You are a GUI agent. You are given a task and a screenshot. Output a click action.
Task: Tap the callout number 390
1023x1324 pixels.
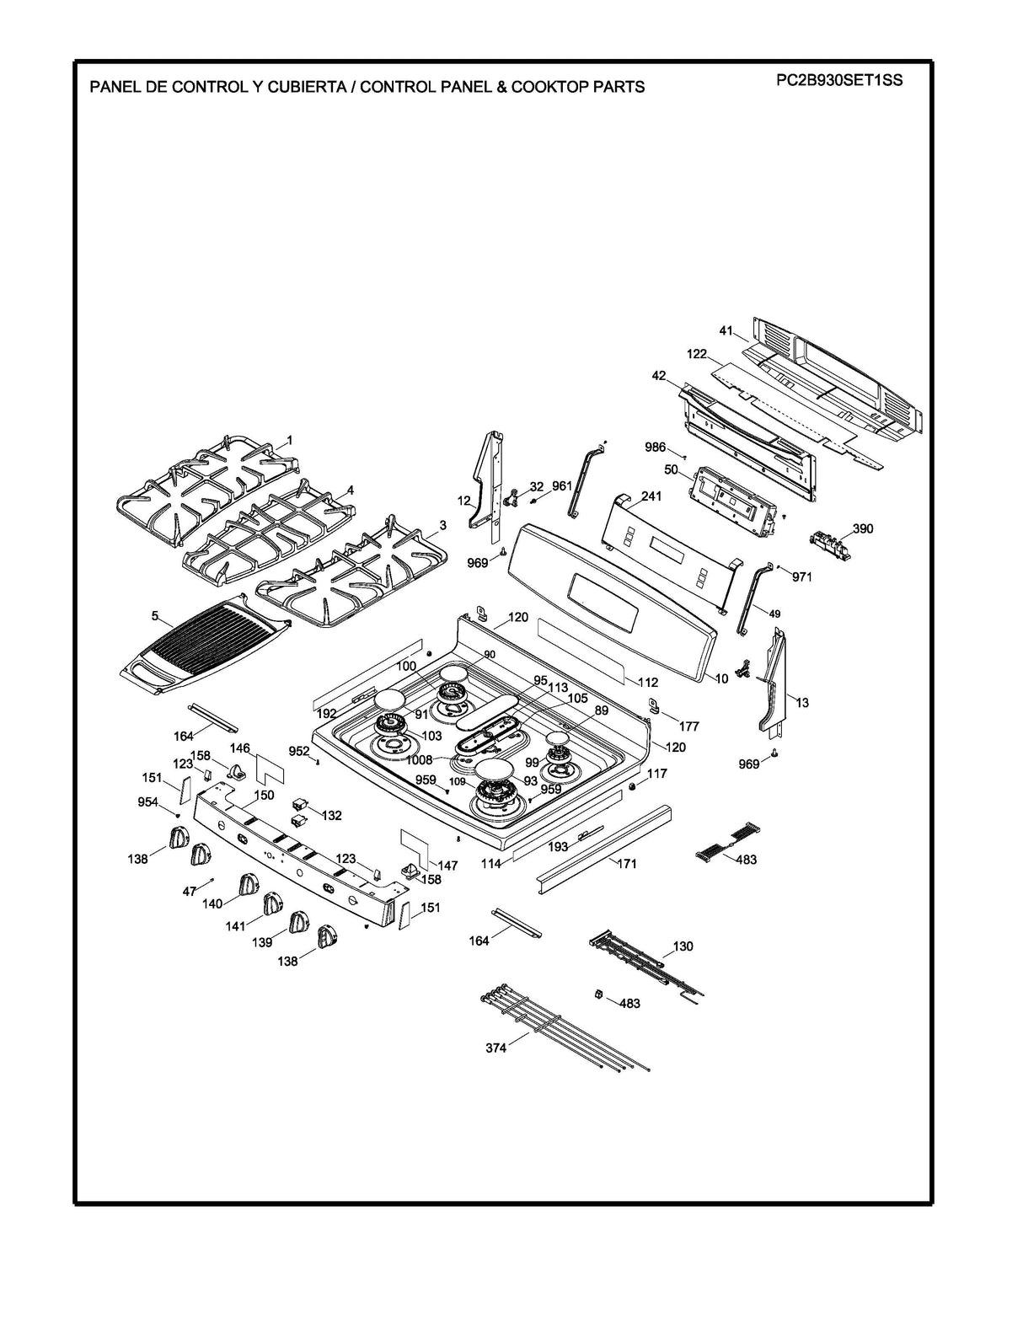click(x=863, y=528)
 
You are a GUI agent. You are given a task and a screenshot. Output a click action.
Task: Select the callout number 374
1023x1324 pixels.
click(x=495, y=1048)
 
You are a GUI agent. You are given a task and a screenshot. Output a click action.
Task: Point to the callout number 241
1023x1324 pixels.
click(x=651, y=496)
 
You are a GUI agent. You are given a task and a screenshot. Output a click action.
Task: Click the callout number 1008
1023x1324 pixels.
click(x=419, y=759)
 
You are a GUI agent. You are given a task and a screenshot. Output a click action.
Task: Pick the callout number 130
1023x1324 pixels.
click(x=683, y=946)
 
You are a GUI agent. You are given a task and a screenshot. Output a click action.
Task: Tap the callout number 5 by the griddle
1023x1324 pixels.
click(x=155, y=616)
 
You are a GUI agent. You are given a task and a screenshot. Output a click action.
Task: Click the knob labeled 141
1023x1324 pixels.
click(x=273, y=904)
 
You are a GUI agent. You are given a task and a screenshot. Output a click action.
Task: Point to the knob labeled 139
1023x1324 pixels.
click(x=299, y=922)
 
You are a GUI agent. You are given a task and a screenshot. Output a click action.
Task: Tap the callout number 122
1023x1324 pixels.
click(x=696, y=354)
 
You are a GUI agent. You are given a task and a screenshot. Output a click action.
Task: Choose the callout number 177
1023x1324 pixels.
click(x=689, y=726)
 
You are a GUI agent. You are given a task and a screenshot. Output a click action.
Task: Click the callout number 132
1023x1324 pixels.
click(x=332, y=815)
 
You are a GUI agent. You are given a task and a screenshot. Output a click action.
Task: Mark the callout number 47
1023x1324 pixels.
click(x=190, y=890)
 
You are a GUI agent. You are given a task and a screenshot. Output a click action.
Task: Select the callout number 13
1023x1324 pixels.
click(x=801, y=702)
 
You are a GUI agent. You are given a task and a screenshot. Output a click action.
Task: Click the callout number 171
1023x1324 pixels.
click(x=627, y=863)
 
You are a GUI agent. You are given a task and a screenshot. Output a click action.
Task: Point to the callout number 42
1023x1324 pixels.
click(x=659, y=376)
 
